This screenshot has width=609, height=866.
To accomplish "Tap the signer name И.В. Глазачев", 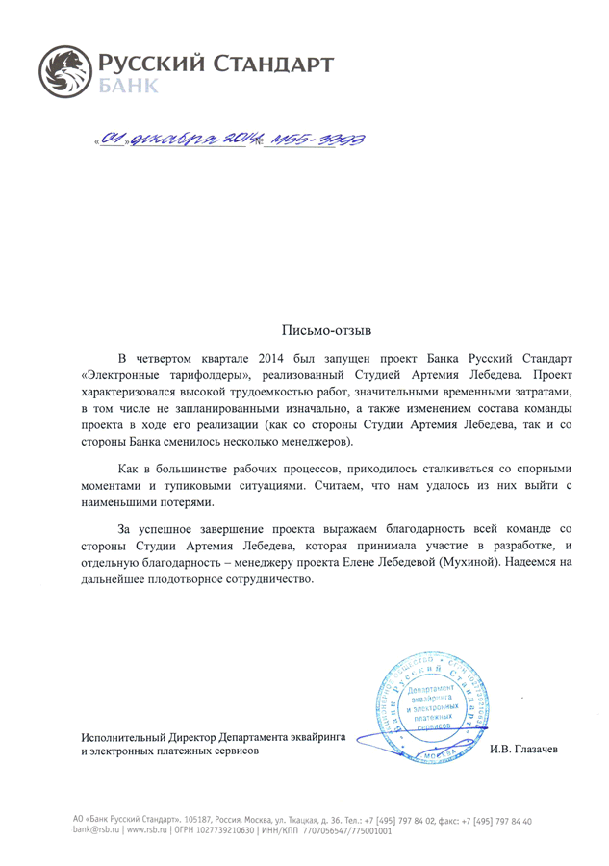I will pos(523,750).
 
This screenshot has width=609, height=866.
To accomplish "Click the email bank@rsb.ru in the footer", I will pos(97,830).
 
